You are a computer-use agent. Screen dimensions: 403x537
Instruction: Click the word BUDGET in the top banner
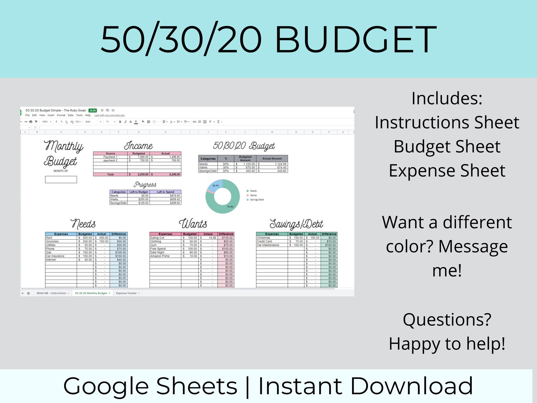coord(356,40)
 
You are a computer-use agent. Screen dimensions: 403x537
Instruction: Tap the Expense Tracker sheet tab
coord(126,293)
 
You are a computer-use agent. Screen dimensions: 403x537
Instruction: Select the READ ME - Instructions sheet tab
coord(51,293)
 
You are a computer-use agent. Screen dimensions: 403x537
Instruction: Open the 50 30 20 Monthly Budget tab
coord(91,293)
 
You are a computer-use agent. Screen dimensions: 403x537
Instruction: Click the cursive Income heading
coord(138,146)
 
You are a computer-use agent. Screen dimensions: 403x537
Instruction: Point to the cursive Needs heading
coord(83,224)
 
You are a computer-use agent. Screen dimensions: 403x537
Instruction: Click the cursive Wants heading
coord(193,224)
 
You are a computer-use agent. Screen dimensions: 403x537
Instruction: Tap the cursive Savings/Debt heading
coord(296,224)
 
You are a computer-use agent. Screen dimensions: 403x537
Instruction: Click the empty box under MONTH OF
coord(61,179)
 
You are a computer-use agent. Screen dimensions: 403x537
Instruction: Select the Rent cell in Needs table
coord(49,238)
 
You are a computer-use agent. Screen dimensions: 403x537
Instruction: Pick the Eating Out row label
coord(157,238)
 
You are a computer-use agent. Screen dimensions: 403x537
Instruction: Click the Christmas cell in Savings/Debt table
coord(263,238)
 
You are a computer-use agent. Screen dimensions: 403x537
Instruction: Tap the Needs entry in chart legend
coord(253,191)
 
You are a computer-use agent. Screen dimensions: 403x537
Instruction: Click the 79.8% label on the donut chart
coord(230,207)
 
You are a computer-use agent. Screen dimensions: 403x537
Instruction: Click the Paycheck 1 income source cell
coord(110,157)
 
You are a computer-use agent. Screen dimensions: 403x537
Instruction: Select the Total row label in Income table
coord(110,175)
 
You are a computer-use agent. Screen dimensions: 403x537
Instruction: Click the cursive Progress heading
coord(145,185)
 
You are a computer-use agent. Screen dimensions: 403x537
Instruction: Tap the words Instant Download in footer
coord(365,386)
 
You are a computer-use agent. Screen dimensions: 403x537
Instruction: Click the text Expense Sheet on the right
coord(447,171)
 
